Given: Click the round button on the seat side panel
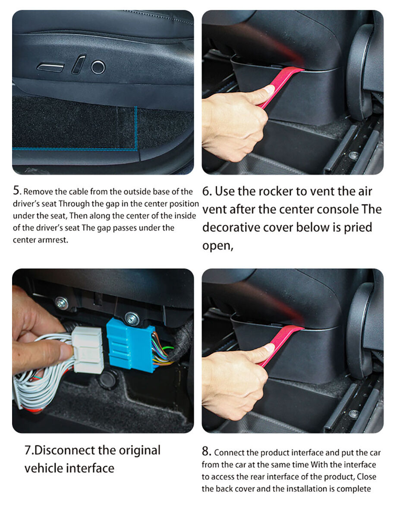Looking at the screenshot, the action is pos(98,67).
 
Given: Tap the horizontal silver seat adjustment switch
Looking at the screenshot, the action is pos(50,68).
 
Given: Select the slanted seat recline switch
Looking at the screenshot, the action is pos(78,65).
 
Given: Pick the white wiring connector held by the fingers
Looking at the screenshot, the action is pos(88,350).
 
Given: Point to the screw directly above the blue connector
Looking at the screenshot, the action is pos(132,319).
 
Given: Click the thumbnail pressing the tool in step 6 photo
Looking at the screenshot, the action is pos(269,90).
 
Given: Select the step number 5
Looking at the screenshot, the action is pos(17,191).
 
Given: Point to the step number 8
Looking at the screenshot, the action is pos(206,451).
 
